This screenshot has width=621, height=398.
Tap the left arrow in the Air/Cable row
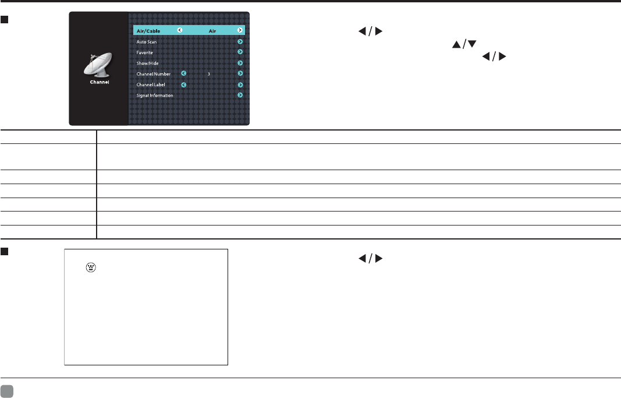(179, 31)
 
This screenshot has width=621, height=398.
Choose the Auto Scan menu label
(147, 42)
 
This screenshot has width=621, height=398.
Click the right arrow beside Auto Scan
(240, 42)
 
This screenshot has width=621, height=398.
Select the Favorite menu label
(145, 52)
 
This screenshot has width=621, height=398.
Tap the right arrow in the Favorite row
(240, 52)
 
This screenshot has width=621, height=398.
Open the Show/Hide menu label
(147, 63)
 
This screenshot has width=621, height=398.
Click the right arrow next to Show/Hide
(240, 63)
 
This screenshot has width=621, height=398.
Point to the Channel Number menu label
(154, 74)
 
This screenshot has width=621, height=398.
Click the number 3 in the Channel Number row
(208, 74)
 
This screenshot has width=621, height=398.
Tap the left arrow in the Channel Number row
(183, 74)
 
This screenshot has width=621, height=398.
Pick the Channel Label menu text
(151, 84)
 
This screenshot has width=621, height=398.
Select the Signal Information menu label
(155, 95)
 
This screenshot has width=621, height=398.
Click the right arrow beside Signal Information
(240, 95)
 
